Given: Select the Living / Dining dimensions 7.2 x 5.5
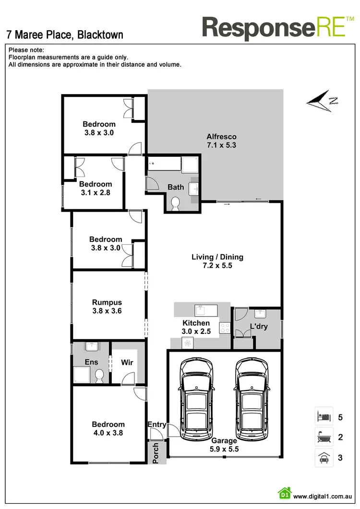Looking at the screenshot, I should (217, 265).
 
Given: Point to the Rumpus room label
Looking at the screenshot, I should (107, 303).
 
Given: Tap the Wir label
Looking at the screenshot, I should (127, 363).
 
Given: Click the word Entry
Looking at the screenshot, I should (157, 424).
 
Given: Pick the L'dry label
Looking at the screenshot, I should (258, 327).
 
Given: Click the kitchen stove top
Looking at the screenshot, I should (224, 328).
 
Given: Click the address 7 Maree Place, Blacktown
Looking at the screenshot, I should (65, 35).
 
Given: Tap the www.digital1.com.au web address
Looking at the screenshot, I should (324, 497).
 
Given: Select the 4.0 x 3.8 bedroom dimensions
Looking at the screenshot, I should (108, 432).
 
